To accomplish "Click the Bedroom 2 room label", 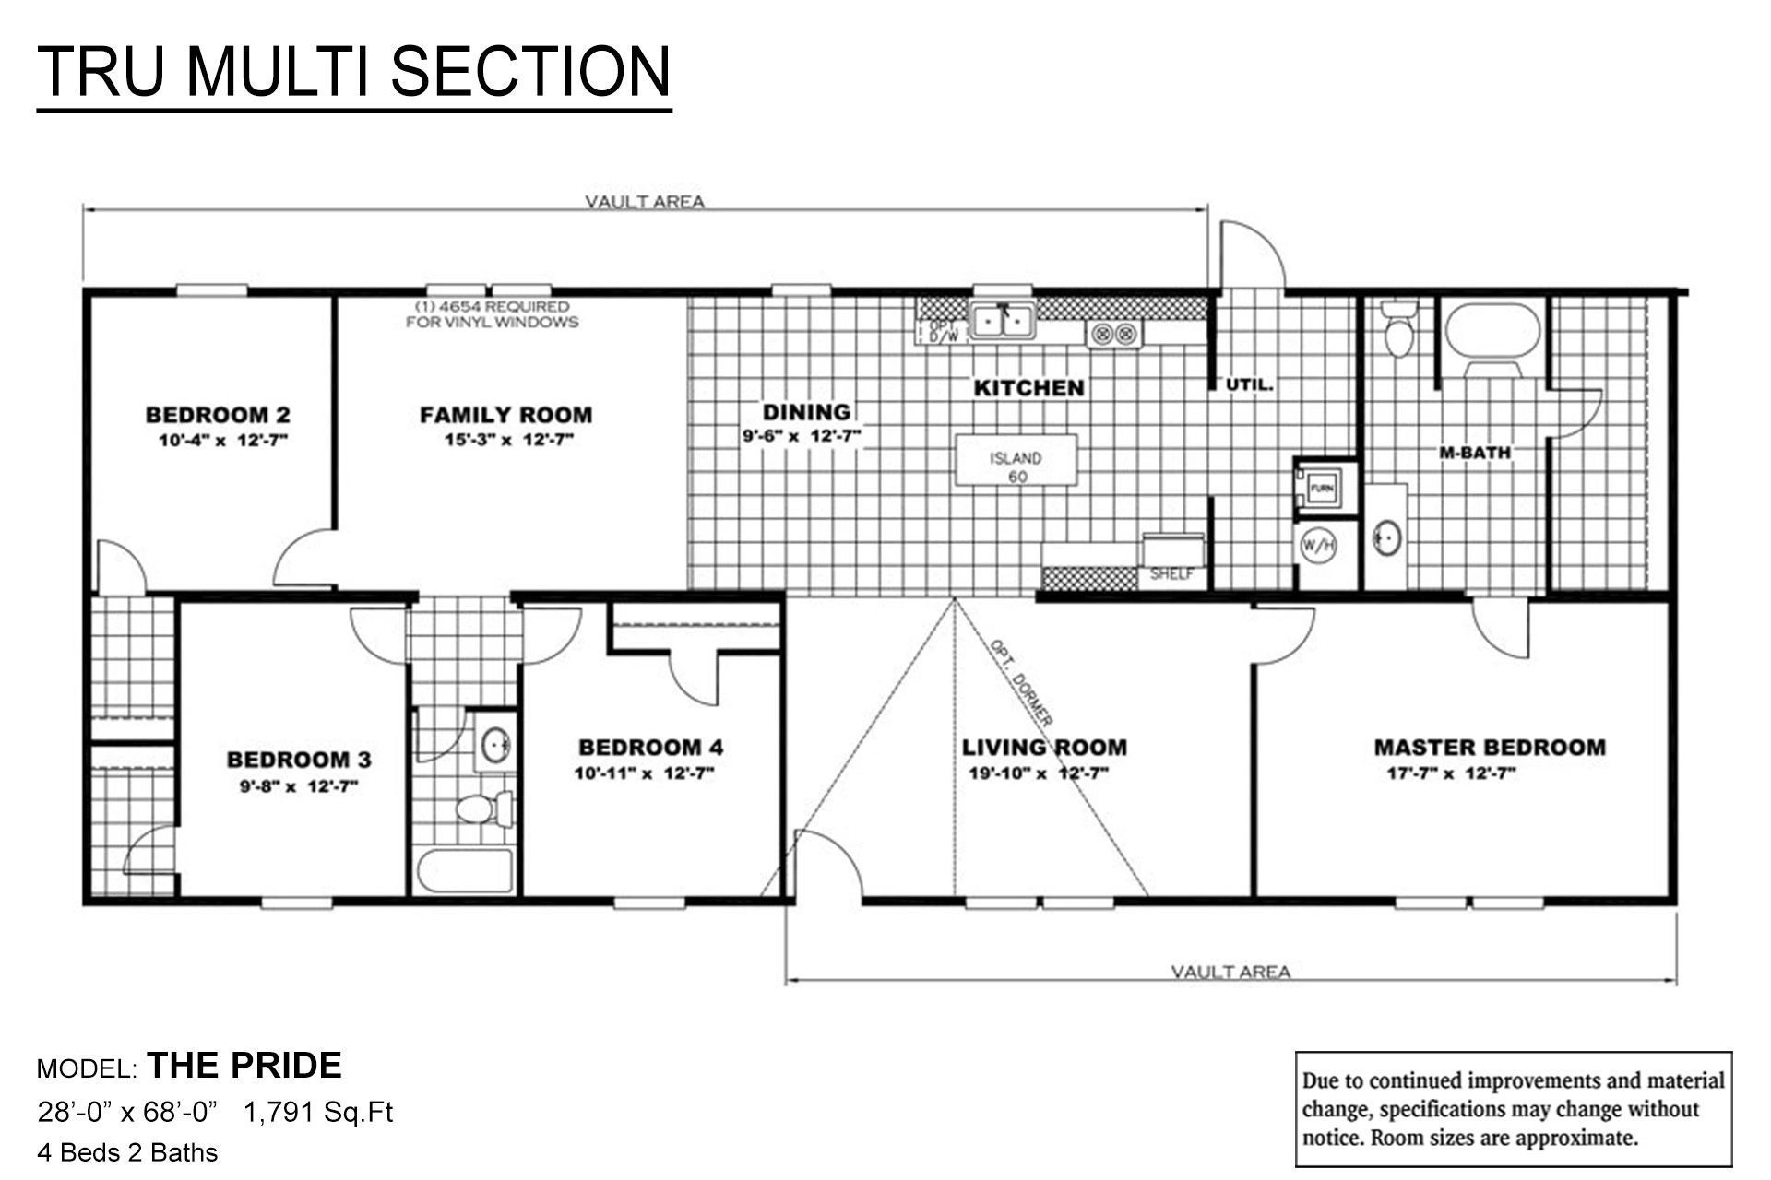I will coord(218,415).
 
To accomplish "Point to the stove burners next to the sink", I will coord(1113,334).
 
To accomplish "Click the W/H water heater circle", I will coord(1317,546).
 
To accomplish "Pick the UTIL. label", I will coord(1250,384).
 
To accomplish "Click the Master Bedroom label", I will coord(1489,747).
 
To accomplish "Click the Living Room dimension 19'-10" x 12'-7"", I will coord(1038,773).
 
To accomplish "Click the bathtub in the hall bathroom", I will coord(465,870).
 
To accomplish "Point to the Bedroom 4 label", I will coord(650,747).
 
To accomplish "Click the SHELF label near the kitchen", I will coord(1171,574).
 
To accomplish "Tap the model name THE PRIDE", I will coord(244,1066).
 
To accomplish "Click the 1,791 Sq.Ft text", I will coord(318,1113).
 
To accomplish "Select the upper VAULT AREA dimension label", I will coord(645,201).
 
